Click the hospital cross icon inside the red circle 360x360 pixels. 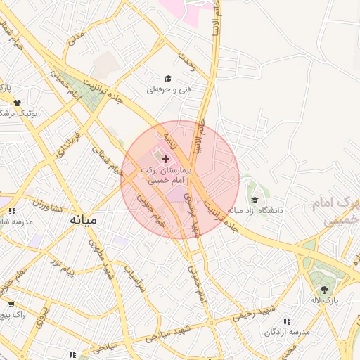tap(165, 160)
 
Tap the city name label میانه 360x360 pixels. tap(83, 219)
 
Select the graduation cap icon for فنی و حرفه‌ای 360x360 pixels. tap(168, 78)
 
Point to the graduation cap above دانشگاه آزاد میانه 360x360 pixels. tap(254, 200)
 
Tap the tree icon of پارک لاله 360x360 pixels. tap(324, 290)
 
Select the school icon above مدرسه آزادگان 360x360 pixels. tap(286, 321)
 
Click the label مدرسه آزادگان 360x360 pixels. tap(286, 331)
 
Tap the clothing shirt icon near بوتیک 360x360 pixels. tap(17, 102)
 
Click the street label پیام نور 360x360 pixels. tap(62, 266)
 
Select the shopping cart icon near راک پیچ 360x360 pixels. tap(11, 304)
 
